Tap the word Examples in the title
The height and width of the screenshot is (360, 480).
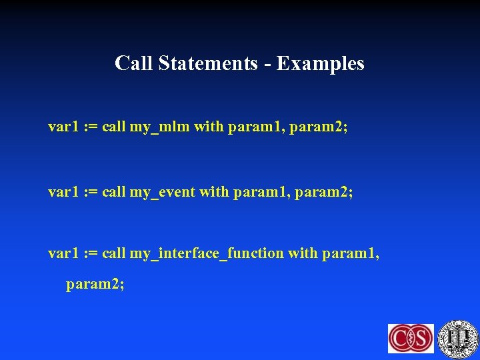321,63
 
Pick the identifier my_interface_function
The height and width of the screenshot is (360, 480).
206,253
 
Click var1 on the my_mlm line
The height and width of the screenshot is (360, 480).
62,126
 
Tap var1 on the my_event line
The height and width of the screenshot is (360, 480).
62,192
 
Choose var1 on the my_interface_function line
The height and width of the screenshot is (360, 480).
62,253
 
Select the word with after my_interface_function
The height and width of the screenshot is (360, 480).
302,253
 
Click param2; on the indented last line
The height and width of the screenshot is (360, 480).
95,285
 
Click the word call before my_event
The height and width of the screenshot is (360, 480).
113,192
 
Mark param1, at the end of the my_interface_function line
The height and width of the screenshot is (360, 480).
350,253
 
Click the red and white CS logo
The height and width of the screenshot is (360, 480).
411,338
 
